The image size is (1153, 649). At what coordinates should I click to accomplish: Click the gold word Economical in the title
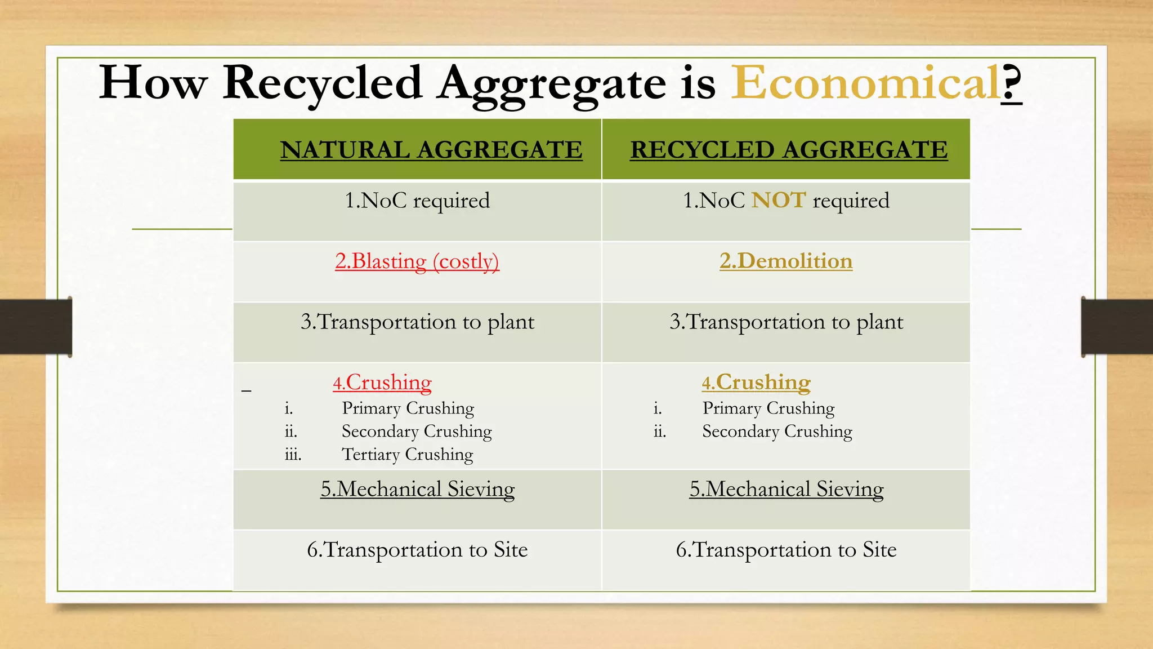865,83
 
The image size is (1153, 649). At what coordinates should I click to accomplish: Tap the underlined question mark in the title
1012,83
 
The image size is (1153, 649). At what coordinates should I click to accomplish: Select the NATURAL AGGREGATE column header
431,150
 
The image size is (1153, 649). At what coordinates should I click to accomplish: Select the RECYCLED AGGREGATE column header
788,150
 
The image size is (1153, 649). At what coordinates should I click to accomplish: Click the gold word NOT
779,201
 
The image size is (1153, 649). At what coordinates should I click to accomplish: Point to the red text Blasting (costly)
417,261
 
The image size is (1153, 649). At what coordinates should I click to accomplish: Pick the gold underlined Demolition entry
786,261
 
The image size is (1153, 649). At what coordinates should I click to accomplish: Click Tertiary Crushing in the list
407,454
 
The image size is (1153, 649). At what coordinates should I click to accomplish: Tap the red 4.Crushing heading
382,383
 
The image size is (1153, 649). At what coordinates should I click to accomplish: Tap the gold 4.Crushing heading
756,382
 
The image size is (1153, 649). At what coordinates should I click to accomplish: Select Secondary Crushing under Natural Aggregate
417,431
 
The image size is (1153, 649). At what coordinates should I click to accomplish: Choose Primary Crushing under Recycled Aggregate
768,408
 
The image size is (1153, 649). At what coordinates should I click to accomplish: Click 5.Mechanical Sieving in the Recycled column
786,489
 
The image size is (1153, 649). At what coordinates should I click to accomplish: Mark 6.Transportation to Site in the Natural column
417,549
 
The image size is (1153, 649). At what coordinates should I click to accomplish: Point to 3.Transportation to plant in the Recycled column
786,322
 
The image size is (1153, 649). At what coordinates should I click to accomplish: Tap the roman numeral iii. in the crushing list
293,455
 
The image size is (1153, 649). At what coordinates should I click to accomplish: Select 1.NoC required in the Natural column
417,201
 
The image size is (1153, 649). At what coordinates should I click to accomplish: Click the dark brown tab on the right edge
1117,327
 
